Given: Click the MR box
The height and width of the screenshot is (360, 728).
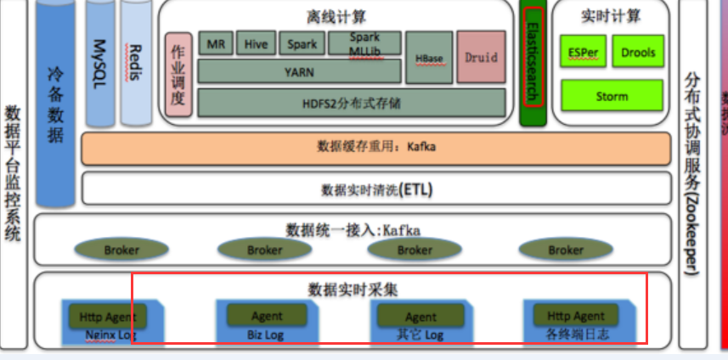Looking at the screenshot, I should coord(216,44).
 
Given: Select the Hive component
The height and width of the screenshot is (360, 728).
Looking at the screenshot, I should coord(257,44).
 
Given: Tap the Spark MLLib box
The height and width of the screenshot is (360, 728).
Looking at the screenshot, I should coord(365,44).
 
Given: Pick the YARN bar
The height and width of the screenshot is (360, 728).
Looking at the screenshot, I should coord(299,72).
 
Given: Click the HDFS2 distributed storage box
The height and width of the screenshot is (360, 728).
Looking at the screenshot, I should coord(299,103).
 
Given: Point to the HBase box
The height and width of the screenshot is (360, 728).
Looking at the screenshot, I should coord(428,59).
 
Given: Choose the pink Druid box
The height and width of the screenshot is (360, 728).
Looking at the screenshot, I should coord(481,58).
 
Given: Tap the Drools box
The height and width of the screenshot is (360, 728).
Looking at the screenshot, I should coord(637,52).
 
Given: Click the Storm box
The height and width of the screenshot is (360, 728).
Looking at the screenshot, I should coord(612,96).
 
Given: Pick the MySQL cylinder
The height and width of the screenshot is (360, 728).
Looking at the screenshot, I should coord(99,59).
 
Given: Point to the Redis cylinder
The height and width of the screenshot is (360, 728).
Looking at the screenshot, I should coord(133,59).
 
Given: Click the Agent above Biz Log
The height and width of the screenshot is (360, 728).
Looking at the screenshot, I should coord(268,316).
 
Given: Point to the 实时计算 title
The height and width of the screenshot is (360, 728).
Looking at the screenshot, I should coord(611,16).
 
